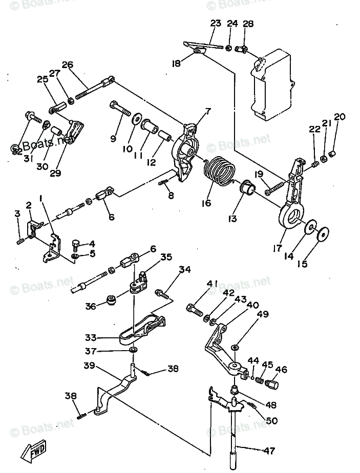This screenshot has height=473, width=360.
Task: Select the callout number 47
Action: pyautogui.click(x=269, y=451)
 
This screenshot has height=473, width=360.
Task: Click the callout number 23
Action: pyautogui.click(x=215, y=24)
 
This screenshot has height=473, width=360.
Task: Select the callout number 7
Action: pyautogui.click(x=208, y=111)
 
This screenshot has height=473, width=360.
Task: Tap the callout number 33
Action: pyautogui.click(x=91, y=337)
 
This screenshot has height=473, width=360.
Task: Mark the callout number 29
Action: pyautogui.click(x=55, y=173)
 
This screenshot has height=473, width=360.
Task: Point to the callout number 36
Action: pyautogui.click(x=91, y=306)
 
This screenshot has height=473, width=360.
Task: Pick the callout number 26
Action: pyautogui.click(x=68, y=64)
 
